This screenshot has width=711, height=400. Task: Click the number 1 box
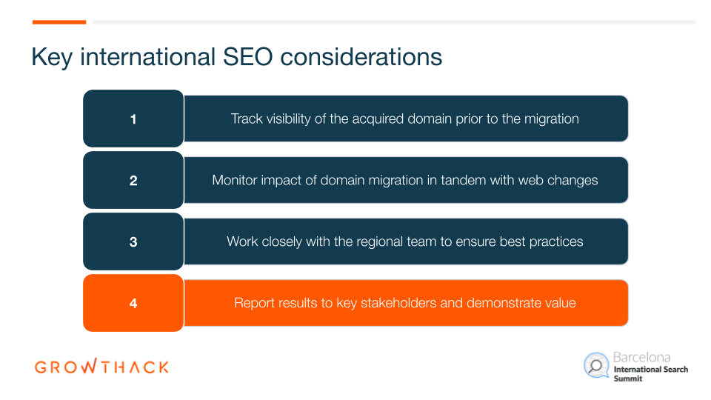pyautogui.click(x=133, y=119)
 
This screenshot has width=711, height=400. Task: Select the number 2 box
pyautogui.click(x=133, y=180)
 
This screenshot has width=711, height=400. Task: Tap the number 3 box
pyautogui.click(x=133, y=241)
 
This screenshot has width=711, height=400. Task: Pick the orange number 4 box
pyautogui.click(x=133, y=303)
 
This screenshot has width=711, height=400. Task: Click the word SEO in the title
pyautogui.click(x=247, y=57)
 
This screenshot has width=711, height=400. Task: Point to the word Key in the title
pyautogui.click(x=52, y=58)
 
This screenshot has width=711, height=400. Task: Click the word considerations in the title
pyautogui.click(x=361, y=57)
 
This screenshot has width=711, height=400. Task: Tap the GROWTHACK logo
pyautogui.click(x=101, y=366)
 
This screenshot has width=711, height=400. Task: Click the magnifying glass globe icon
pyautogui.click(x=596, y=365)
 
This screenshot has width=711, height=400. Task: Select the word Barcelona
pyautogui.click(x=641, y=357)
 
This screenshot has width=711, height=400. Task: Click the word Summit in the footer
pyautogui.click(x=628, y=379)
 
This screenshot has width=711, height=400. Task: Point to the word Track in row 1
pyautogui.click(x=247, y=119)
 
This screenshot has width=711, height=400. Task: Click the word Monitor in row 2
pyautogui.click(x=235, y=180)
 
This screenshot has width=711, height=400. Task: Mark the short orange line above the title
pyautogui.click(x=59, y=21)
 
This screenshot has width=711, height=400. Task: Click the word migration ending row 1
pyautogui.click(x=551, y=119)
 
